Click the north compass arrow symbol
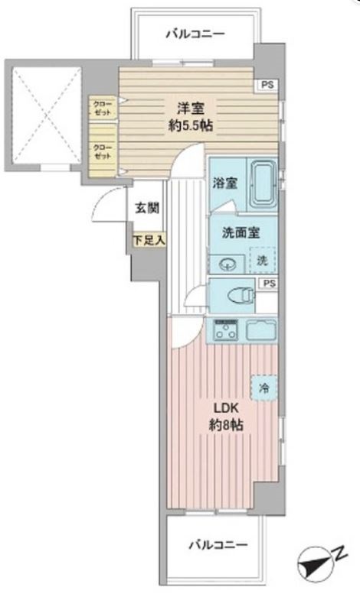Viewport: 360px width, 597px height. [318, 565]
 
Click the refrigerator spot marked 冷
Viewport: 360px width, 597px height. [263, 388]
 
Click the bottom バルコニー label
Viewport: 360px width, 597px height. [218, 545]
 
